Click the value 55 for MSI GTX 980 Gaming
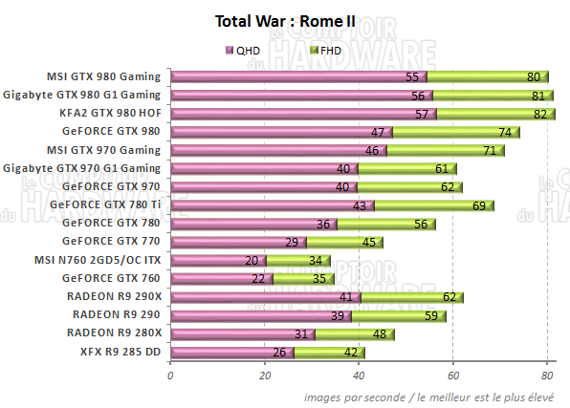point(413,77)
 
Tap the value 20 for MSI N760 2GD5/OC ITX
point(252,261)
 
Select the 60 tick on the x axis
point(452,376)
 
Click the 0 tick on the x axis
point(170,376)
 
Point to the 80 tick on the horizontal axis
point(546,376)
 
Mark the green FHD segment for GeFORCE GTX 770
point(344,242)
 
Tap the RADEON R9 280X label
point(115,333)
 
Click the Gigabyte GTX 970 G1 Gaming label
point(83,168)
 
